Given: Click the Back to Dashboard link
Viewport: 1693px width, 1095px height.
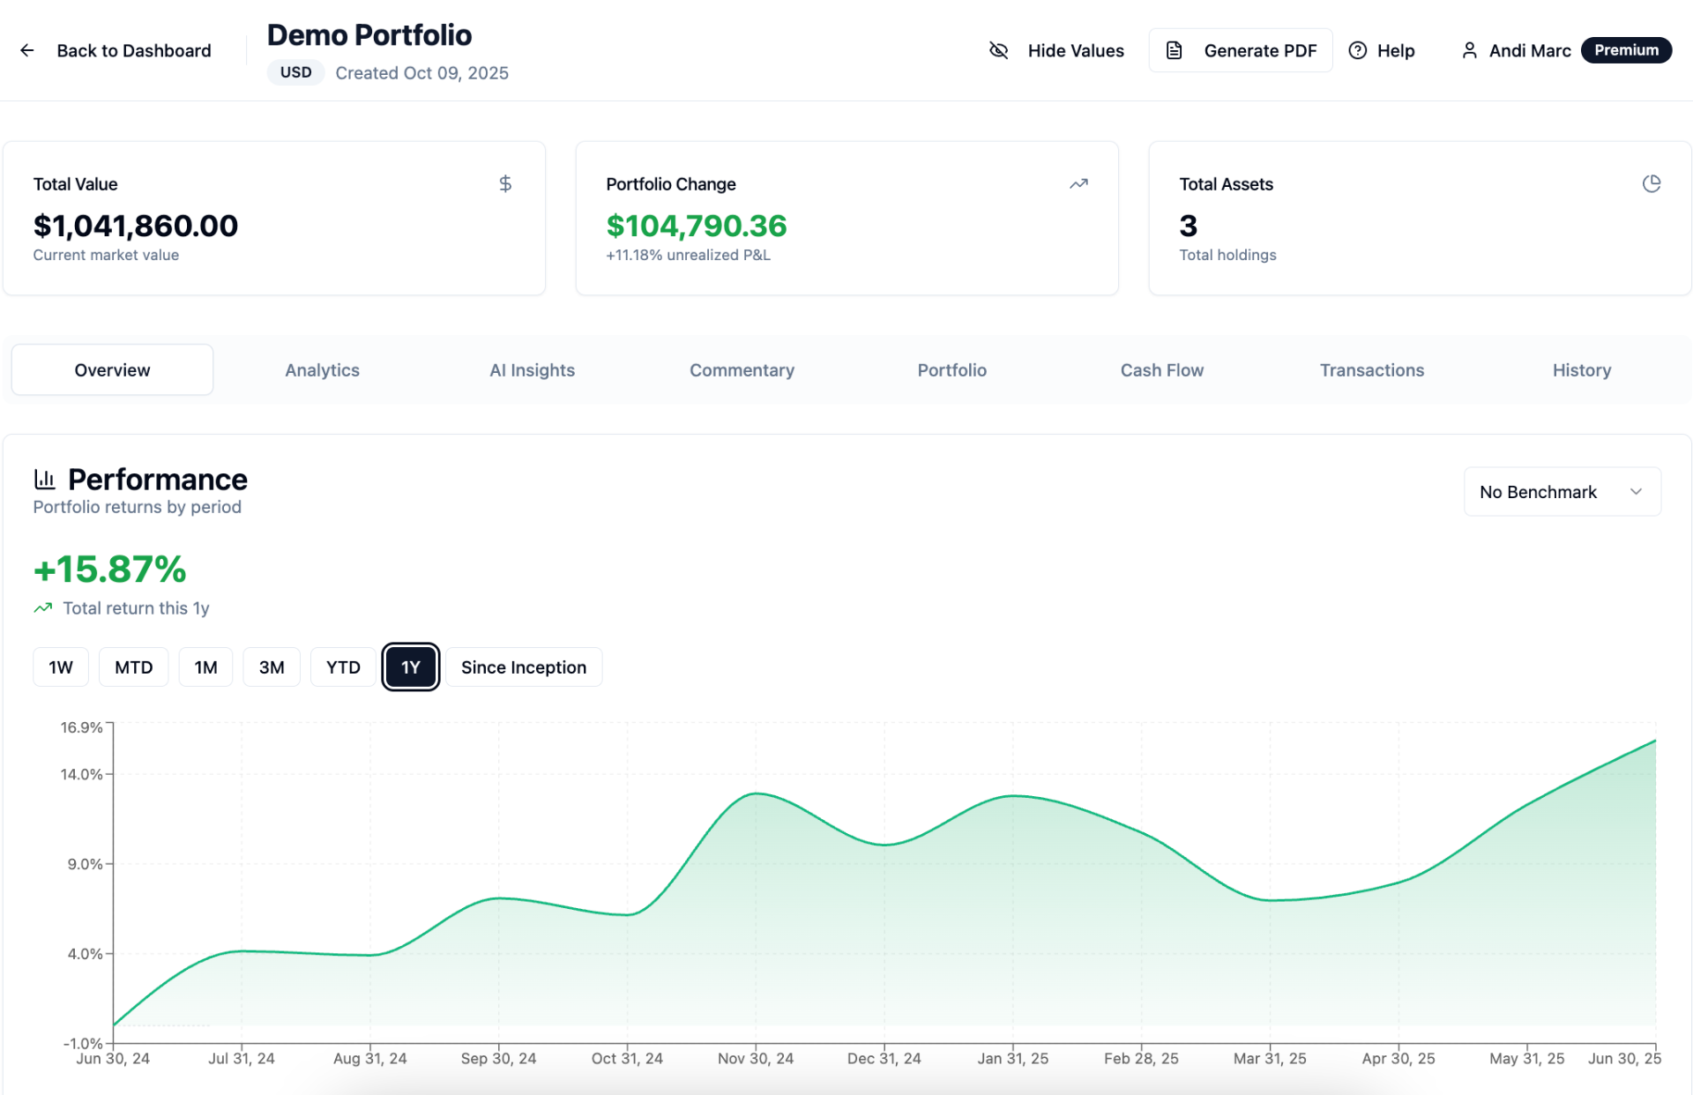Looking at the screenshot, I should (x=116, y=50).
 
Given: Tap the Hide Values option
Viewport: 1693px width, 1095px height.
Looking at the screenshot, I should (x=1056, y=50).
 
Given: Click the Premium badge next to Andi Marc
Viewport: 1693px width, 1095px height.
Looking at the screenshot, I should (x=1625, y=50).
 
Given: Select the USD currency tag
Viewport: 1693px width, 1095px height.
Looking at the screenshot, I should (x=295, y=72).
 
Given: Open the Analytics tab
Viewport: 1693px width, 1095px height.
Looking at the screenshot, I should (x=322, y=370).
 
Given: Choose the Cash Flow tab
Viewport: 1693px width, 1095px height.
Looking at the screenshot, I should (x=1161, y=370).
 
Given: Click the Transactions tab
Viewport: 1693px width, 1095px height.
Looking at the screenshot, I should (x=1371, y=370).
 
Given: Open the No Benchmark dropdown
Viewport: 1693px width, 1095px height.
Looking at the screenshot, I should (x=1562, y=492).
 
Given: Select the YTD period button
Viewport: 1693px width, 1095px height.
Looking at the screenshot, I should (x=343, y=667).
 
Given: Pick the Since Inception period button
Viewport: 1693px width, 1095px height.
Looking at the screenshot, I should (x=523, y=667).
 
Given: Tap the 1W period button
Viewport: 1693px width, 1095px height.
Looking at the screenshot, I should (x=61, y=667).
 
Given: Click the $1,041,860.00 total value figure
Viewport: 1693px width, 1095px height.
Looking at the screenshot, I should (x=136, y=226).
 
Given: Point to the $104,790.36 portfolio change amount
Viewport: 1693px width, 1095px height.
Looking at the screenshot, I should (x=696, y=226).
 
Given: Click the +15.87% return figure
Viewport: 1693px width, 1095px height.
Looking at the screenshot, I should (x=109, y=570).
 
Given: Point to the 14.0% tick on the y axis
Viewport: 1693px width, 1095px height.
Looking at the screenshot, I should (x=81, y=774).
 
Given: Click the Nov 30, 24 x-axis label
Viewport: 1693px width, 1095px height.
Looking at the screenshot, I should (x=755, y=1058).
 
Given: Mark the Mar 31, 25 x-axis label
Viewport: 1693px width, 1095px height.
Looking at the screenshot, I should (x=1269, y=1058).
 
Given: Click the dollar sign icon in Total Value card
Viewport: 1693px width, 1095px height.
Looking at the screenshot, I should (x=505, y=183).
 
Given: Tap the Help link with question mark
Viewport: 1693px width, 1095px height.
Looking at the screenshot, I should (x=1382, y=50).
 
